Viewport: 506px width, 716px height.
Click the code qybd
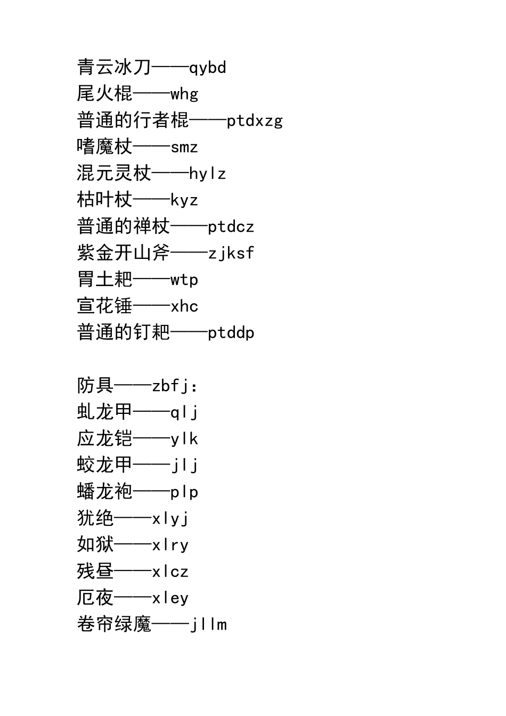(x=208, y=68)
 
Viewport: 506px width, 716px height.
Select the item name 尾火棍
(x=104, y=94)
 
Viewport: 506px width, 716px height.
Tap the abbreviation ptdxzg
(x=255, y=121)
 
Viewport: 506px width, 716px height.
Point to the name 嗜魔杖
(x=104, y=147)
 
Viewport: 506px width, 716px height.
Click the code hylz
(x=208, y=174)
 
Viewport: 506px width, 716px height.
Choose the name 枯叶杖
(x=104, y=200)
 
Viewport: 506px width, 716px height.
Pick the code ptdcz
(x=231, y=227)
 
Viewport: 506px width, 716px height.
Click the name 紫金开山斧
(x=124, y=253)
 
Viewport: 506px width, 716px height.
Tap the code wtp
(x=184, y=280)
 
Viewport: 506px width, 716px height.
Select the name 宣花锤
(x=104, y=306)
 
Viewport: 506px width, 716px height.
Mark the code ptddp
(x=231, y=333)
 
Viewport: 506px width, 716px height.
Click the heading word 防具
(x=95, y=385)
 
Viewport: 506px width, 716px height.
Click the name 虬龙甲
(x=104, y=412)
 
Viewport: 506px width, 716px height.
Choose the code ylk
(x=184, y=439)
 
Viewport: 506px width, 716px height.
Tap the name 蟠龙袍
(x=104, y=491)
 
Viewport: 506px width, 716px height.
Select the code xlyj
(x=170, y=518)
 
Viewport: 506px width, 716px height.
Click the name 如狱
(x=95, y=544)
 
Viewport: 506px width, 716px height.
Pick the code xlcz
(x=170, y=572)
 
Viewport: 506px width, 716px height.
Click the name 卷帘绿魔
(x=114, y=624)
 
